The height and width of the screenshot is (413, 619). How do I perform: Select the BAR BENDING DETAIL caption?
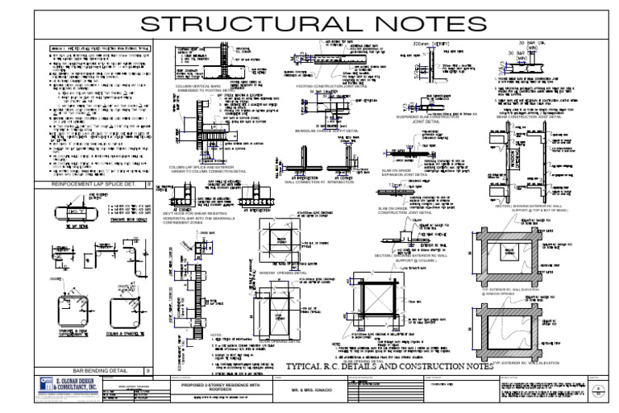coord(90,348)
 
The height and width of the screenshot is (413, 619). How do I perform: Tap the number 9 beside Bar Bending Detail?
coord(148,348)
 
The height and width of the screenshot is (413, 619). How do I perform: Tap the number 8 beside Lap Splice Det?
coord(148,207)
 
